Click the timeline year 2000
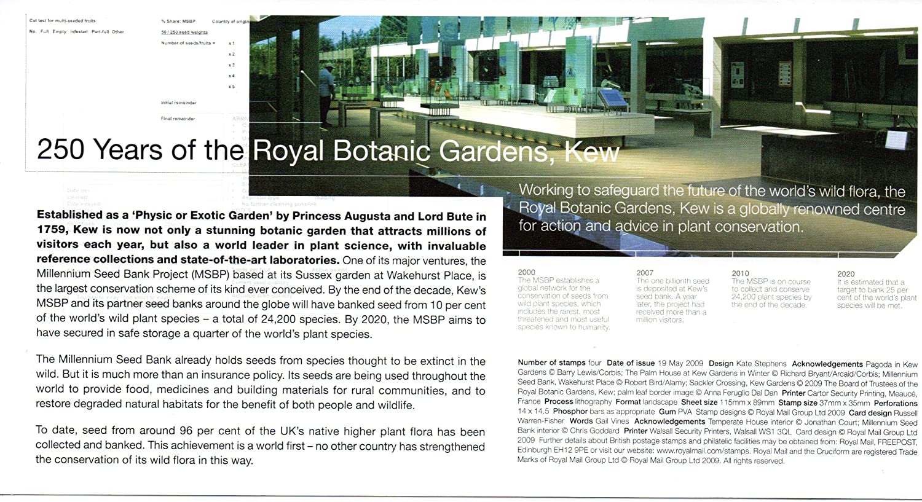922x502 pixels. [x=526, y=272]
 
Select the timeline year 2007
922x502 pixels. [x=645, y=273]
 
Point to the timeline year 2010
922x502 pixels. [x=740, y=273]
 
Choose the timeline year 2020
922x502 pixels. [x=846, y=274]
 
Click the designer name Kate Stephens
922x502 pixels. [x=761, y=364]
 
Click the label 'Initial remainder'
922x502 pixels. [x=178, y=103]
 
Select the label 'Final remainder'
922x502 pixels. [x=178, y=119]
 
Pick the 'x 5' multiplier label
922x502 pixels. [x=231, y=87]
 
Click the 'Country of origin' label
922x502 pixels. [x=230, y=22]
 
